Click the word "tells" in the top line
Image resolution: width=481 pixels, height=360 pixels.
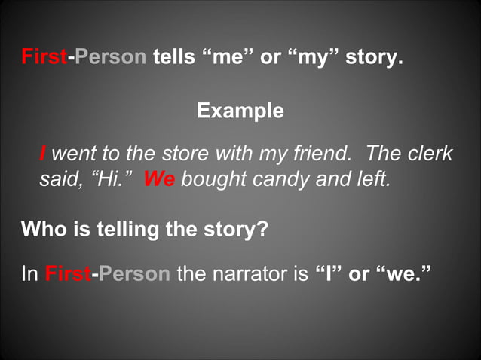click(x=174, y=57)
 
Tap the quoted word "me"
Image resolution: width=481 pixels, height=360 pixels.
click(x=228, y=57)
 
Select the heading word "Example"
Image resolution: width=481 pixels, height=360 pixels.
click(x=240, y=111)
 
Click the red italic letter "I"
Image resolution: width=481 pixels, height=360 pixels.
click(x=42, y=154)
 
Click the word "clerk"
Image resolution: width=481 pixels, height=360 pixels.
click(x=430, y=154)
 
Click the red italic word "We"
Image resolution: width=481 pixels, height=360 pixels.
click(x=159, y=181)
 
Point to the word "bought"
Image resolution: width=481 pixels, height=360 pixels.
click(x=210, y=181)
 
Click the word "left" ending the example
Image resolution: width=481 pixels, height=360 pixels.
click(x=374, y=181)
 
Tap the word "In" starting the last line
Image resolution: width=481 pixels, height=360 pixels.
click(x=30, y=273)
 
